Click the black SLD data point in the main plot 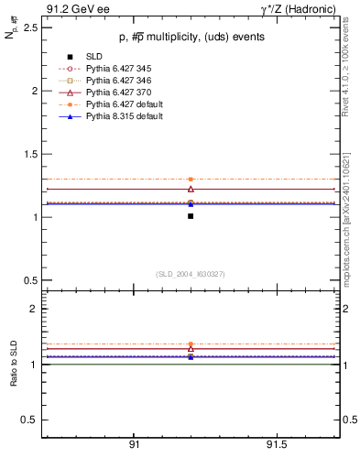tap(191, 216)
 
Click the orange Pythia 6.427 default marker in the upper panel tap(191, 180)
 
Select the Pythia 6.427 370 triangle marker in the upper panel tap(191, 189)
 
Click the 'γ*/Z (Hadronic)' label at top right tap(299, 9)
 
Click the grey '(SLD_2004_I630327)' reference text tap(190, 274)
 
